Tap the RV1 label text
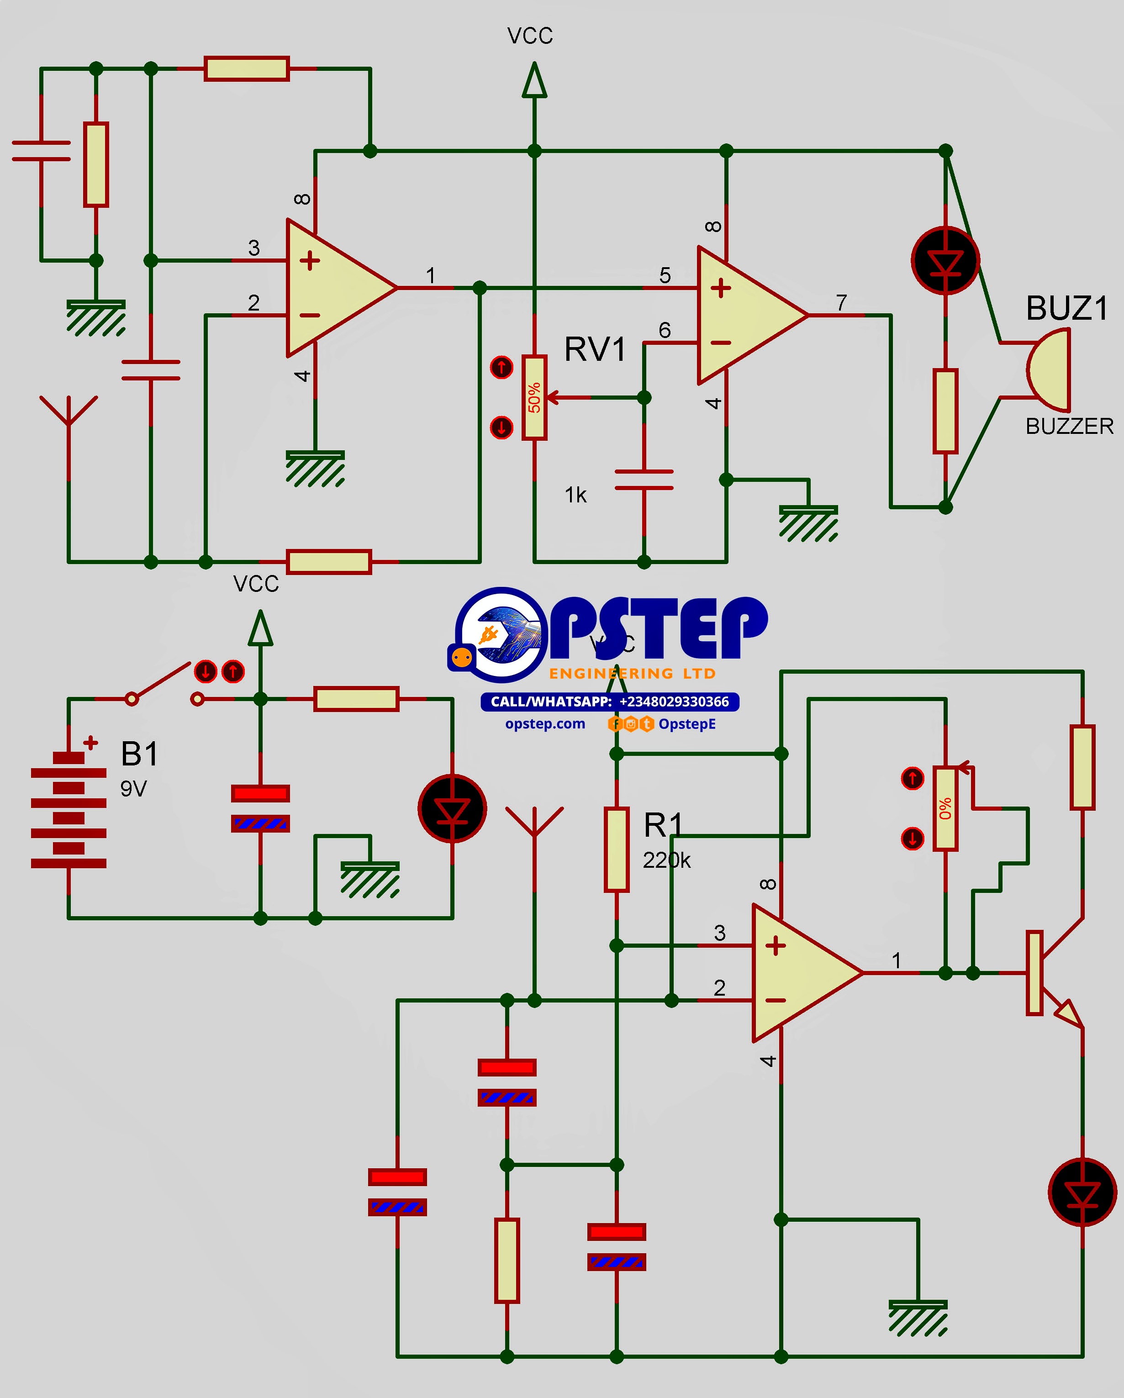[x=595, y=349]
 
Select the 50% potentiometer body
[x=534, y=397]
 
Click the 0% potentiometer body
[x=945, y=808]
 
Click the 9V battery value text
[x=134, y=789]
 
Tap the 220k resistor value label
[x=666, y=860]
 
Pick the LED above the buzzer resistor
[x=945, y=261]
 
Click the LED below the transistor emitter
[x=1082, y=1192]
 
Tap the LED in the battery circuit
[x=452, y=808]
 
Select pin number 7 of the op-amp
[x=841, y=302]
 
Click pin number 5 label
[x=665, y=275]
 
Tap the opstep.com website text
[x=545, y=723]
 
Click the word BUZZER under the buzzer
[x=1069, y=427]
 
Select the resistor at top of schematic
[x=247, y=68]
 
